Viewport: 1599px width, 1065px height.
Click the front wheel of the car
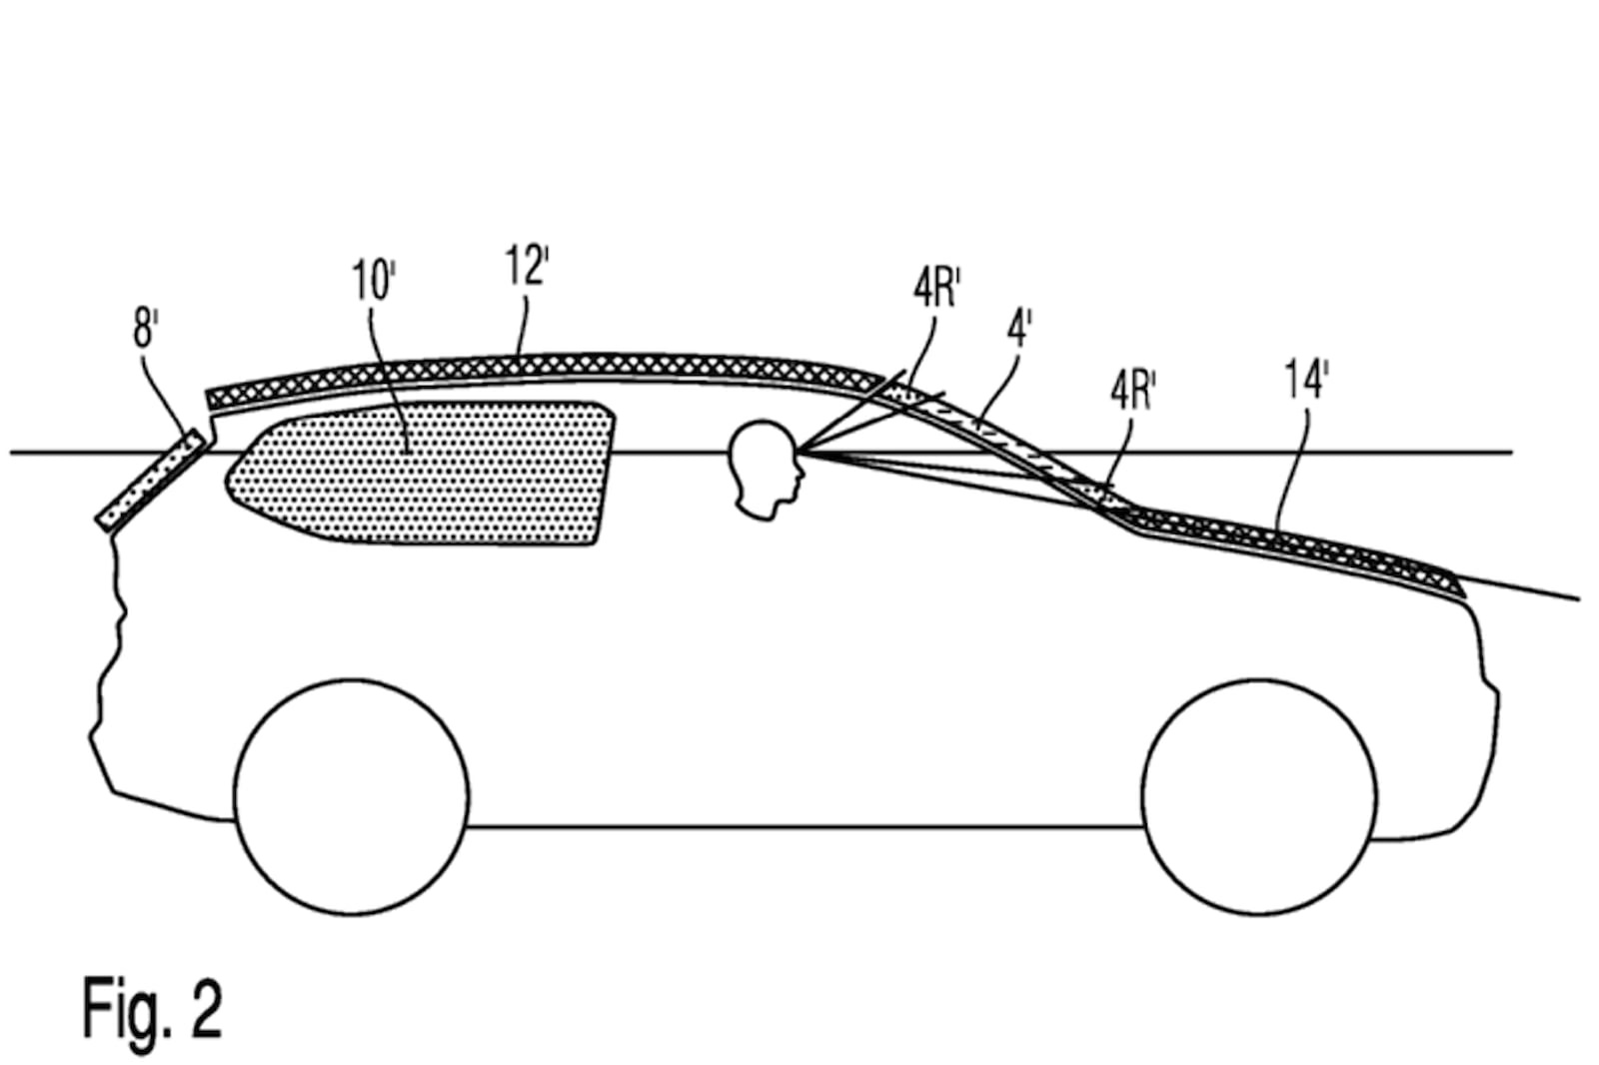click(x=1259, y=796)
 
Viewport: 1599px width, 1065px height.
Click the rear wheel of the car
click(x=352, y=796)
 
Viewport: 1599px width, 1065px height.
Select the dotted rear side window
click(x=421, y=474)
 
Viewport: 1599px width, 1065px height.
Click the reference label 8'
click(x=146, y=330)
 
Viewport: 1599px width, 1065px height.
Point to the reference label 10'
click(x=374, y=281)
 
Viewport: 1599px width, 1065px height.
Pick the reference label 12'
click(x=527, y=266)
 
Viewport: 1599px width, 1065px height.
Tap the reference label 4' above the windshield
click(x=1019, y=329)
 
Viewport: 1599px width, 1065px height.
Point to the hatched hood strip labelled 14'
click(x=1292, y=548)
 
